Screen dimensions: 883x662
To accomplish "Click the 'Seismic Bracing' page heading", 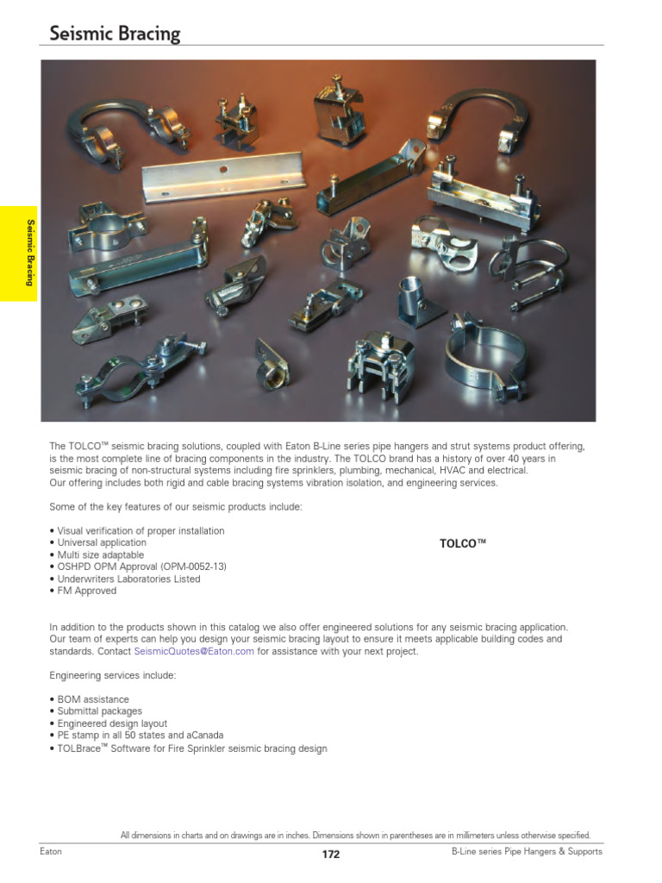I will (115, 34).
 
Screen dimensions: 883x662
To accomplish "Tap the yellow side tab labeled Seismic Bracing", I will (29, 254).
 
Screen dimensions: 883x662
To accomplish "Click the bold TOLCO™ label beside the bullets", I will (463, 543).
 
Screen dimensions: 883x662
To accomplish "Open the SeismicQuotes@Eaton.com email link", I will (194, 652).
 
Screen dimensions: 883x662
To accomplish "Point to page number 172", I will (331, 855).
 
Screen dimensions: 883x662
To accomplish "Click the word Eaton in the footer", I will (51, 852).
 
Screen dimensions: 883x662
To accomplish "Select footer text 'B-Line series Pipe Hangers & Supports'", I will (527, 852).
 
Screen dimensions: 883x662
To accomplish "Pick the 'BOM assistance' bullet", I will (90, 699).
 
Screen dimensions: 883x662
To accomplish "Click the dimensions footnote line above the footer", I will (355, 835).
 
